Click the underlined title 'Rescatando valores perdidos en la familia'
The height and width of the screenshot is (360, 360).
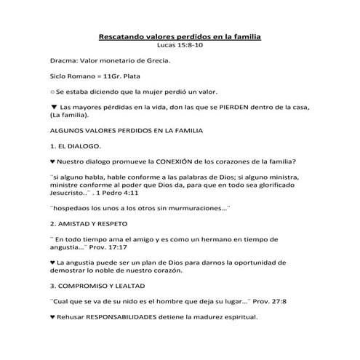[x=180, y=36]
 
